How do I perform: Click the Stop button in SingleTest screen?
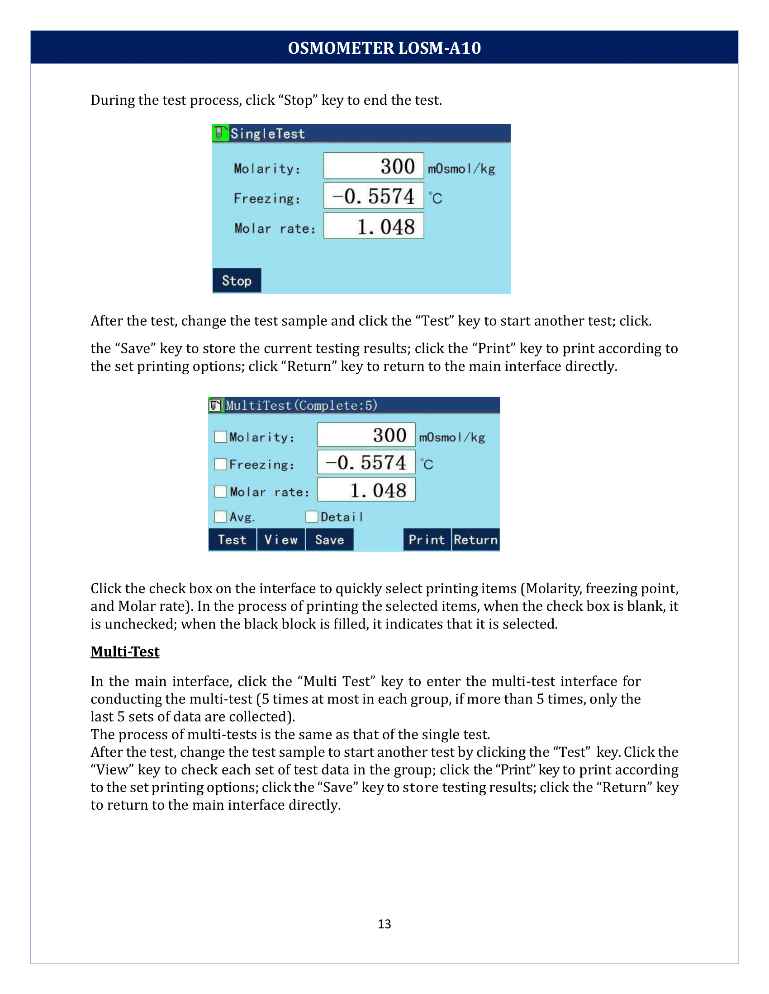(237, 281)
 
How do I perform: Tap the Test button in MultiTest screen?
(232, 540)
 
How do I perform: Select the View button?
(280, 540)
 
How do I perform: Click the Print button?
(427, 540)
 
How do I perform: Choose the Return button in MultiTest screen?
(475, 540)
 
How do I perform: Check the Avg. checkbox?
(220, 516)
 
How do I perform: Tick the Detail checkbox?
(312, 516)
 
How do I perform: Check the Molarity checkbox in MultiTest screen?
(220, 437)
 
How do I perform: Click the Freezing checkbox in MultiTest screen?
(220, 464)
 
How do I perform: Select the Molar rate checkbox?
(220, 492)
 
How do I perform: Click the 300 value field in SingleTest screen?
(374, 166)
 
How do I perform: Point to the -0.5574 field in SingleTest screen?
(374, 196)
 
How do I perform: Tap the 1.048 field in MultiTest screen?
(366, 490)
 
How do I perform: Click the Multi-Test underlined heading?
(125, 652)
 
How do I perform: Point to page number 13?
(384, 924)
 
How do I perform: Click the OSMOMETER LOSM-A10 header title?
(384, 48)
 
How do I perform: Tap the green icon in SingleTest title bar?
(220, 133)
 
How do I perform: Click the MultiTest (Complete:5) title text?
(302, 406)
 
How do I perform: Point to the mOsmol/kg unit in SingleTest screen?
(461, 169)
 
